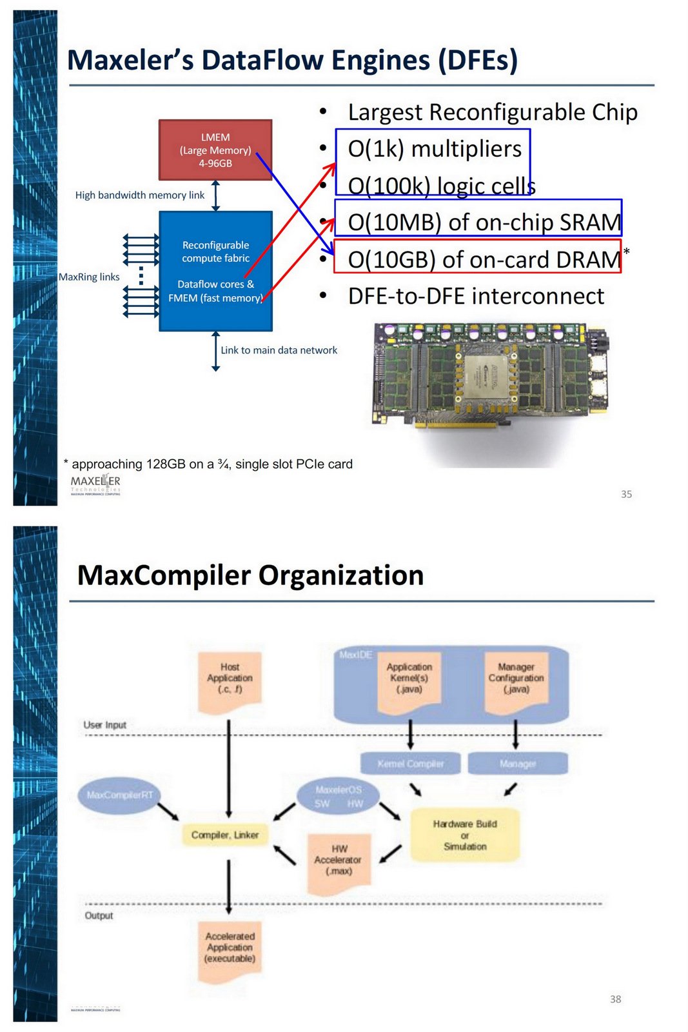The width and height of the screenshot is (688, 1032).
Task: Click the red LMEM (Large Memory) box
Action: pos(215,150)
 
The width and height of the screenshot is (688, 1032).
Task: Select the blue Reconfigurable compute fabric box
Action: pos(215,271)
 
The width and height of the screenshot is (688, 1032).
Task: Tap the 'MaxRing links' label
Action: pos(89,277)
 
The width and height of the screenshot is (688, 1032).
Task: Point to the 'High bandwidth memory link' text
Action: pos(139,195)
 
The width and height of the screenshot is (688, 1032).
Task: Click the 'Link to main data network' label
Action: pos(279,350)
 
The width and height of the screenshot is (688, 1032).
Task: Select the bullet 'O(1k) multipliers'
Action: pos(435,149)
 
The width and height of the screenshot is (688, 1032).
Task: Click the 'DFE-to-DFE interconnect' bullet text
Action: pos(476,296)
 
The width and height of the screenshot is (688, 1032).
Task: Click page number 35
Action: pos(626,494)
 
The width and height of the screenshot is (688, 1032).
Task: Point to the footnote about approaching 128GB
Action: pos(209,464)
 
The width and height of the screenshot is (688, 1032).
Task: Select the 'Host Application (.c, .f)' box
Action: pos(230,680)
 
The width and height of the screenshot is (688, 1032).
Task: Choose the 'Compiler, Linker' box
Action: pos(224,835)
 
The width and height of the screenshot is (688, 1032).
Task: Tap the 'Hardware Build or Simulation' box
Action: pos(465,835)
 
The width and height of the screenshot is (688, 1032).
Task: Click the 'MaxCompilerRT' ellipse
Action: pos(120,795)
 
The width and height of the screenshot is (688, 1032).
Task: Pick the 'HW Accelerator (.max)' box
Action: pos(338,861)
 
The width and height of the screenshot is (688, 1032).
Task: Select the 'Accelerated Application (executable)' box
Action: pos(230,948)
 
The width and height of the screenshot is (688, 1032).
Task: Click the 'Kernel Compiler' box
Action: pos(410,764)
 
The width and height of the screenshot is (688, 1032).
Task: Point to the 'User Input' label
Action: pos(104,725)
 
